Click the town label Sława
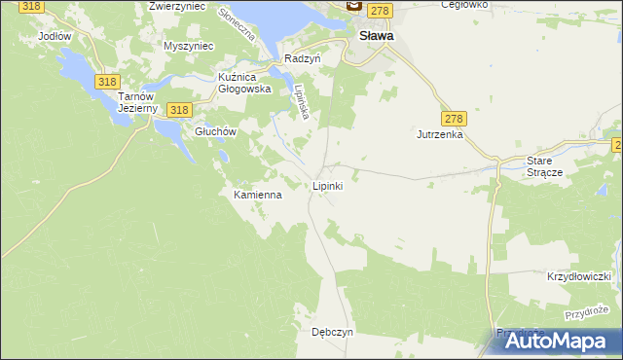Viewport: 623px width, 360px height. [377, 35]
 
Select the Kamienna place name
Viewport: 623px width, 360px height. [258, 195]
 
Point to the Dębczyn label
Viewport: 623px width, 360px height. [332, 332]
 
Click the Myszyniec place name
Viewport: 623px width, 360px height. [188, 46]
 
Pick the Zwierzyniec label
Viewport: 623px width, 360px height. [176, 6]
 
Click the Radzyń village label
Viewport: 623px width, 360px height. [303, 58]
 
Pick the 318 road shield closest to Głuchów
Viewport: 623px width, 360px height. [177, 110]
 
